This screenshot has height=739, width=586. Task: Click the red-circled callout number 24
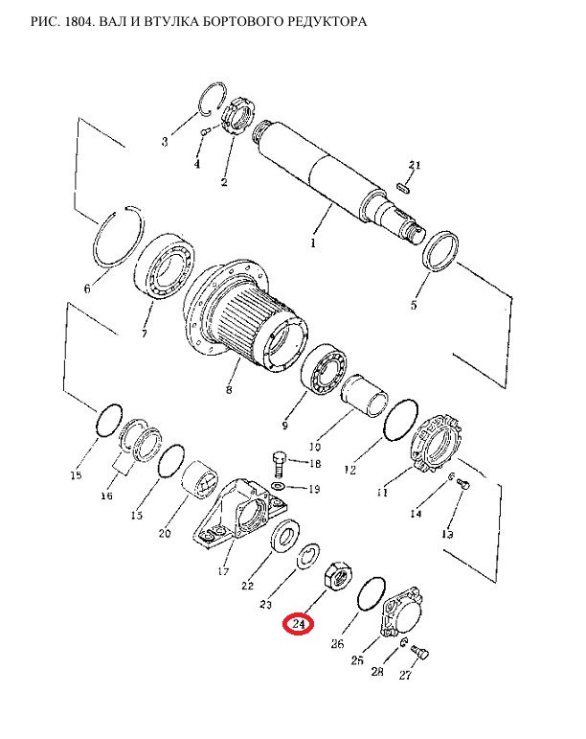tap(298, 624)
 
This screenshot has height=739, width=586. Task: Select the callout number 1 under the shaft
tap(313, 243)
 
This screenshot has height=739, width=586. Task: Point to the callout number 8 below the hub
tap(229, 390)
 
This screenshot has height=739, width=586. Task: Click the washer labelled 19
tap(279, 486)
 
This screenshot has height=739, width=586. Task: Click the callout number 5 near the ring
tap(414, 305)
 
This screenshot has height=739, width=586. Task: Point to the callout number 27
tap(405, 675)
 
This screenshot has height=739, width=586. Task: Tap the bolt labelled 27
tap(420, 652)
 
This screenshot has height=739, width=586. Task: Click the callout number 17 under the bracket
tap(223, 571)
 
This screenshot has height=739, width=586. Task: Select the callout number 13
tap(447, 534)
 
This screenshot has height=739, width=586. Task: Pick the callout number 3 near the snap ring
tap(165, 141)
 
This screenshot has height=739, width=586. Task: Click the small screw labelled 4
tap(205, 132)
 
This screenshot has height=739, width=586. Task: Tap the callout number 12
tap(349, 470)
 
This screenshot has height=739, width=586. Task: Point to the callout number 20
tap(165, 533)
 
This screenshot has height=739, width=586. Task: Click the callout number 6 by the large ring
tap(86, 289)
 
